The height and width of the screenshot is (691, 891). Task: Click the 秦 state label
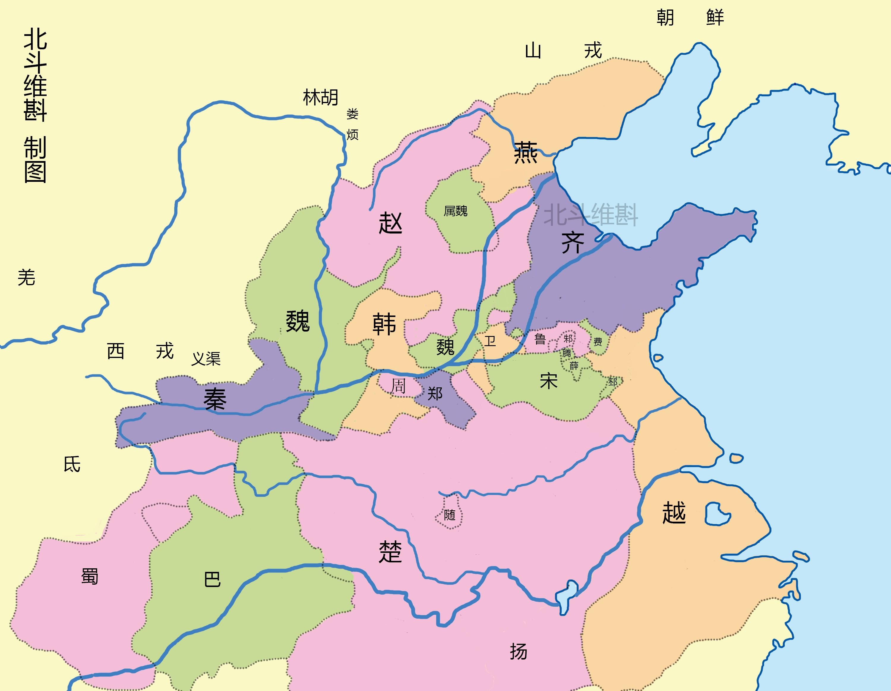(x=215, y=399)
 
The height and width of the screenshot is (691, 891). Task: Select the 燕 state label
(x=525, y=153)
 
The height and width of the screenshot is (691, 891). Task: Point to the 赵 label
(x=391, y=223)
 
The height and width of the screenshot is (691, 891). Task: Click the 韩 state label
(x=384, y=324)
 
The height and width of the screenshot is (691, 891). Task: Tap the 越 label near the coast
(x=674, y=513)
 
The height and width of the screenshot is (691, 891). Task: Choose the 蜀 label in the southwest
(x=89, y=576)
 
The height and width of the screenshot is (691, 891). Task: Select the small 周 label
(x=398, y=386)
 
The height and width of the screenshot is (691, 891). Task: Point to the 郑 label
(x=435, y=394)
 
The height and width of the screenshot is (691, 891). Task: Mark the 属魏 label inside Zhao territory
(x=455, y=211)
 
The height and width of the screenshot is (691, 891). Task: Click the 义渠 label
(x=206, y=359)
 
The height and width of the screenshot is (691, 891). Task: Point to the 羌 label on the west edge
(x=26, y=277)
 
